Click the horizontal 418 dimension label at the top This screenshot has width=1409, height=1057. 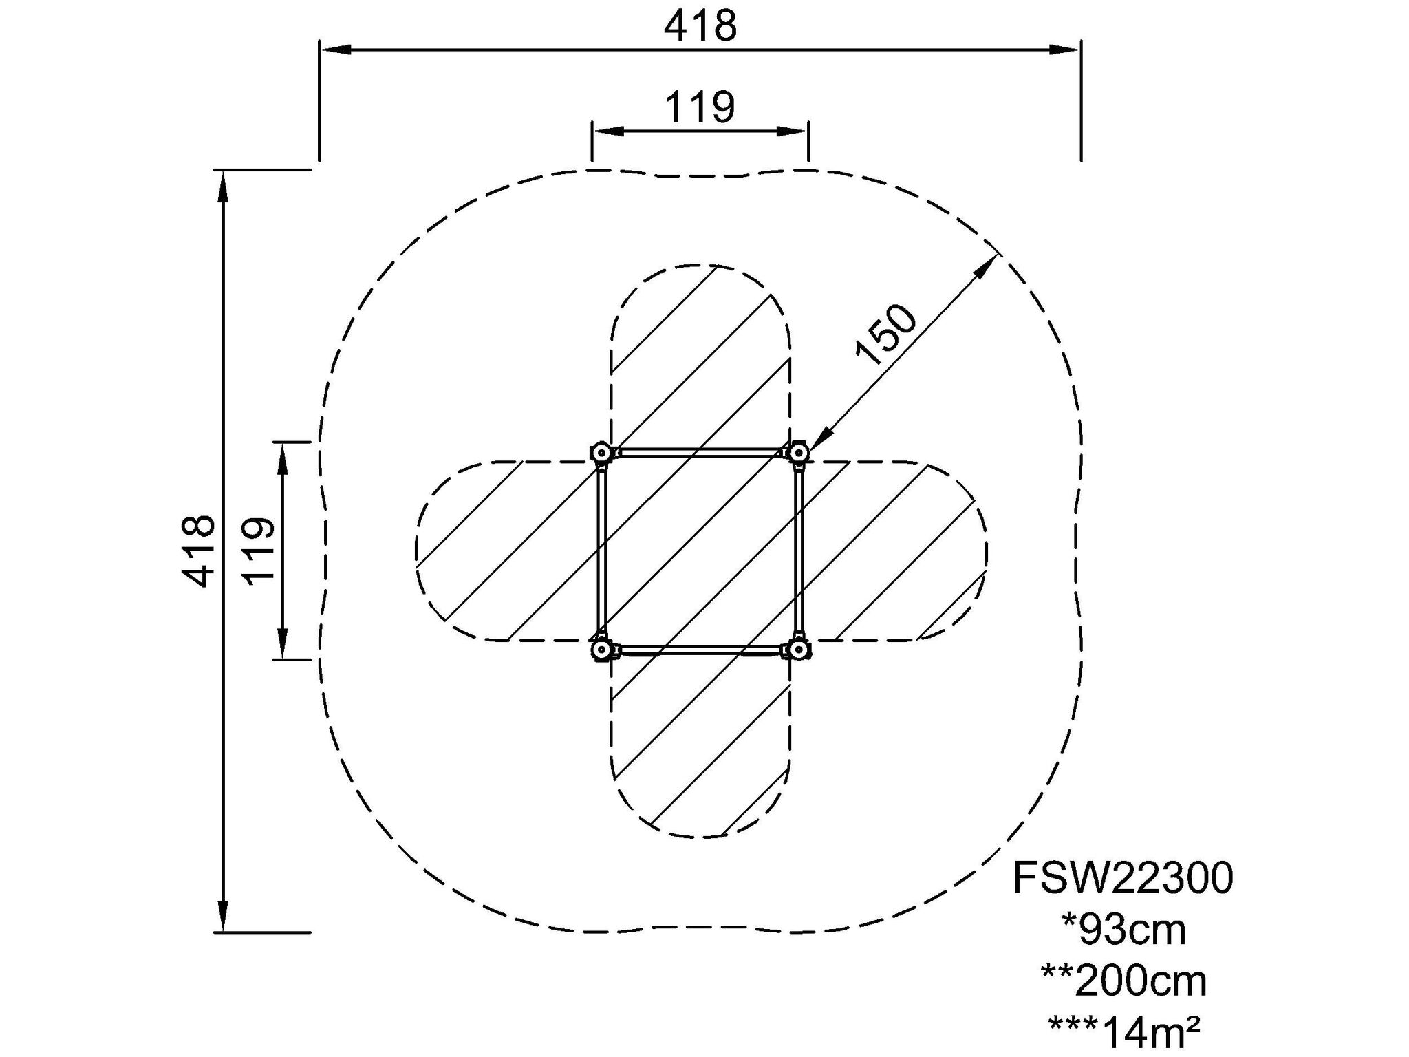point(700,27)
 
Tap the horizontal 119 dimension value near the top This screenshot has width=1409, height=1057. point(700,107)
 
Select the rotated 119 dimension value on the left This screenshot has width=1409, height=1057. point(259,551)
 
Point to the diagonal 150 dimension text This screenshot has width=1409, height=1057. point(885,334)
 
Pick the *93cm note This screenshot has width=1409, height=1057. point(1124,930)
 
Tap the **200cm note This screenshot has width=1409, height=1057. point(1124,981)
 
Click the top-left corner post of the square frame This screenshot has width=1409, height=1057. point(601,453)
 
